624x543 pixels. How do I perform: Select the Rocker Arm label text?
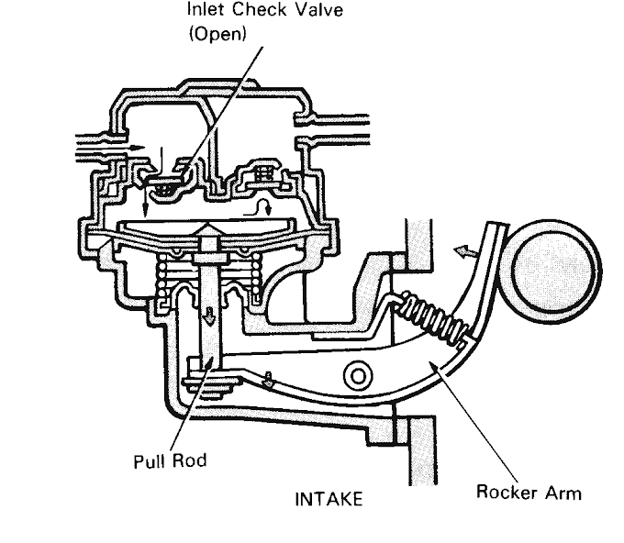(528, 492)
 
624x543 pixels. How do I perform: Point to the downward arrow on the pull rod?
(210, 316)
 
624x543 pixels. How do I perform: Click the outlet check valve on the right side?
(262, 174)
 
